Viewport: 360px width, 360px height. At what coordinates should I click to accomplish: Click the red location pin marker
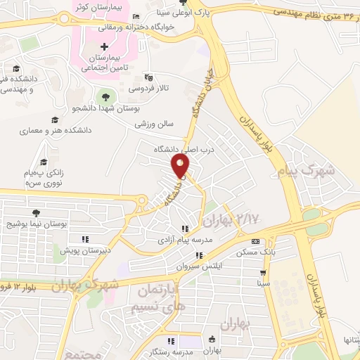[x=181, y=166]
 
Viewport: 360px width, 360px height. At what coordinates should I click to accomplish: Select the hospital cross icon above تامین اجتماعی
[x=105, y=46]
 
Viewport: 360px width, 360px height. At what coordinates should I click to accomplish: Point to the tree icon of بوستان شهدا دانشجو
[x=106, y=97]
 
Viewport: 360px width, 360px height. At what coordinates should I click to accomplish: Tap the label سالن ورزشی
[x=155, y=124]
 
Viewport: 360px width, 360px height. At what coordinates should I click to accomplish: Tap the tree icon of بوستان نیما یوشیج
[x=36, y=213]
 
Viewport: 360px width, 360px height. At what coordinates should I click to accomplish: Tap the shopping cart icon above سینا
[x=263, y=274]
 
